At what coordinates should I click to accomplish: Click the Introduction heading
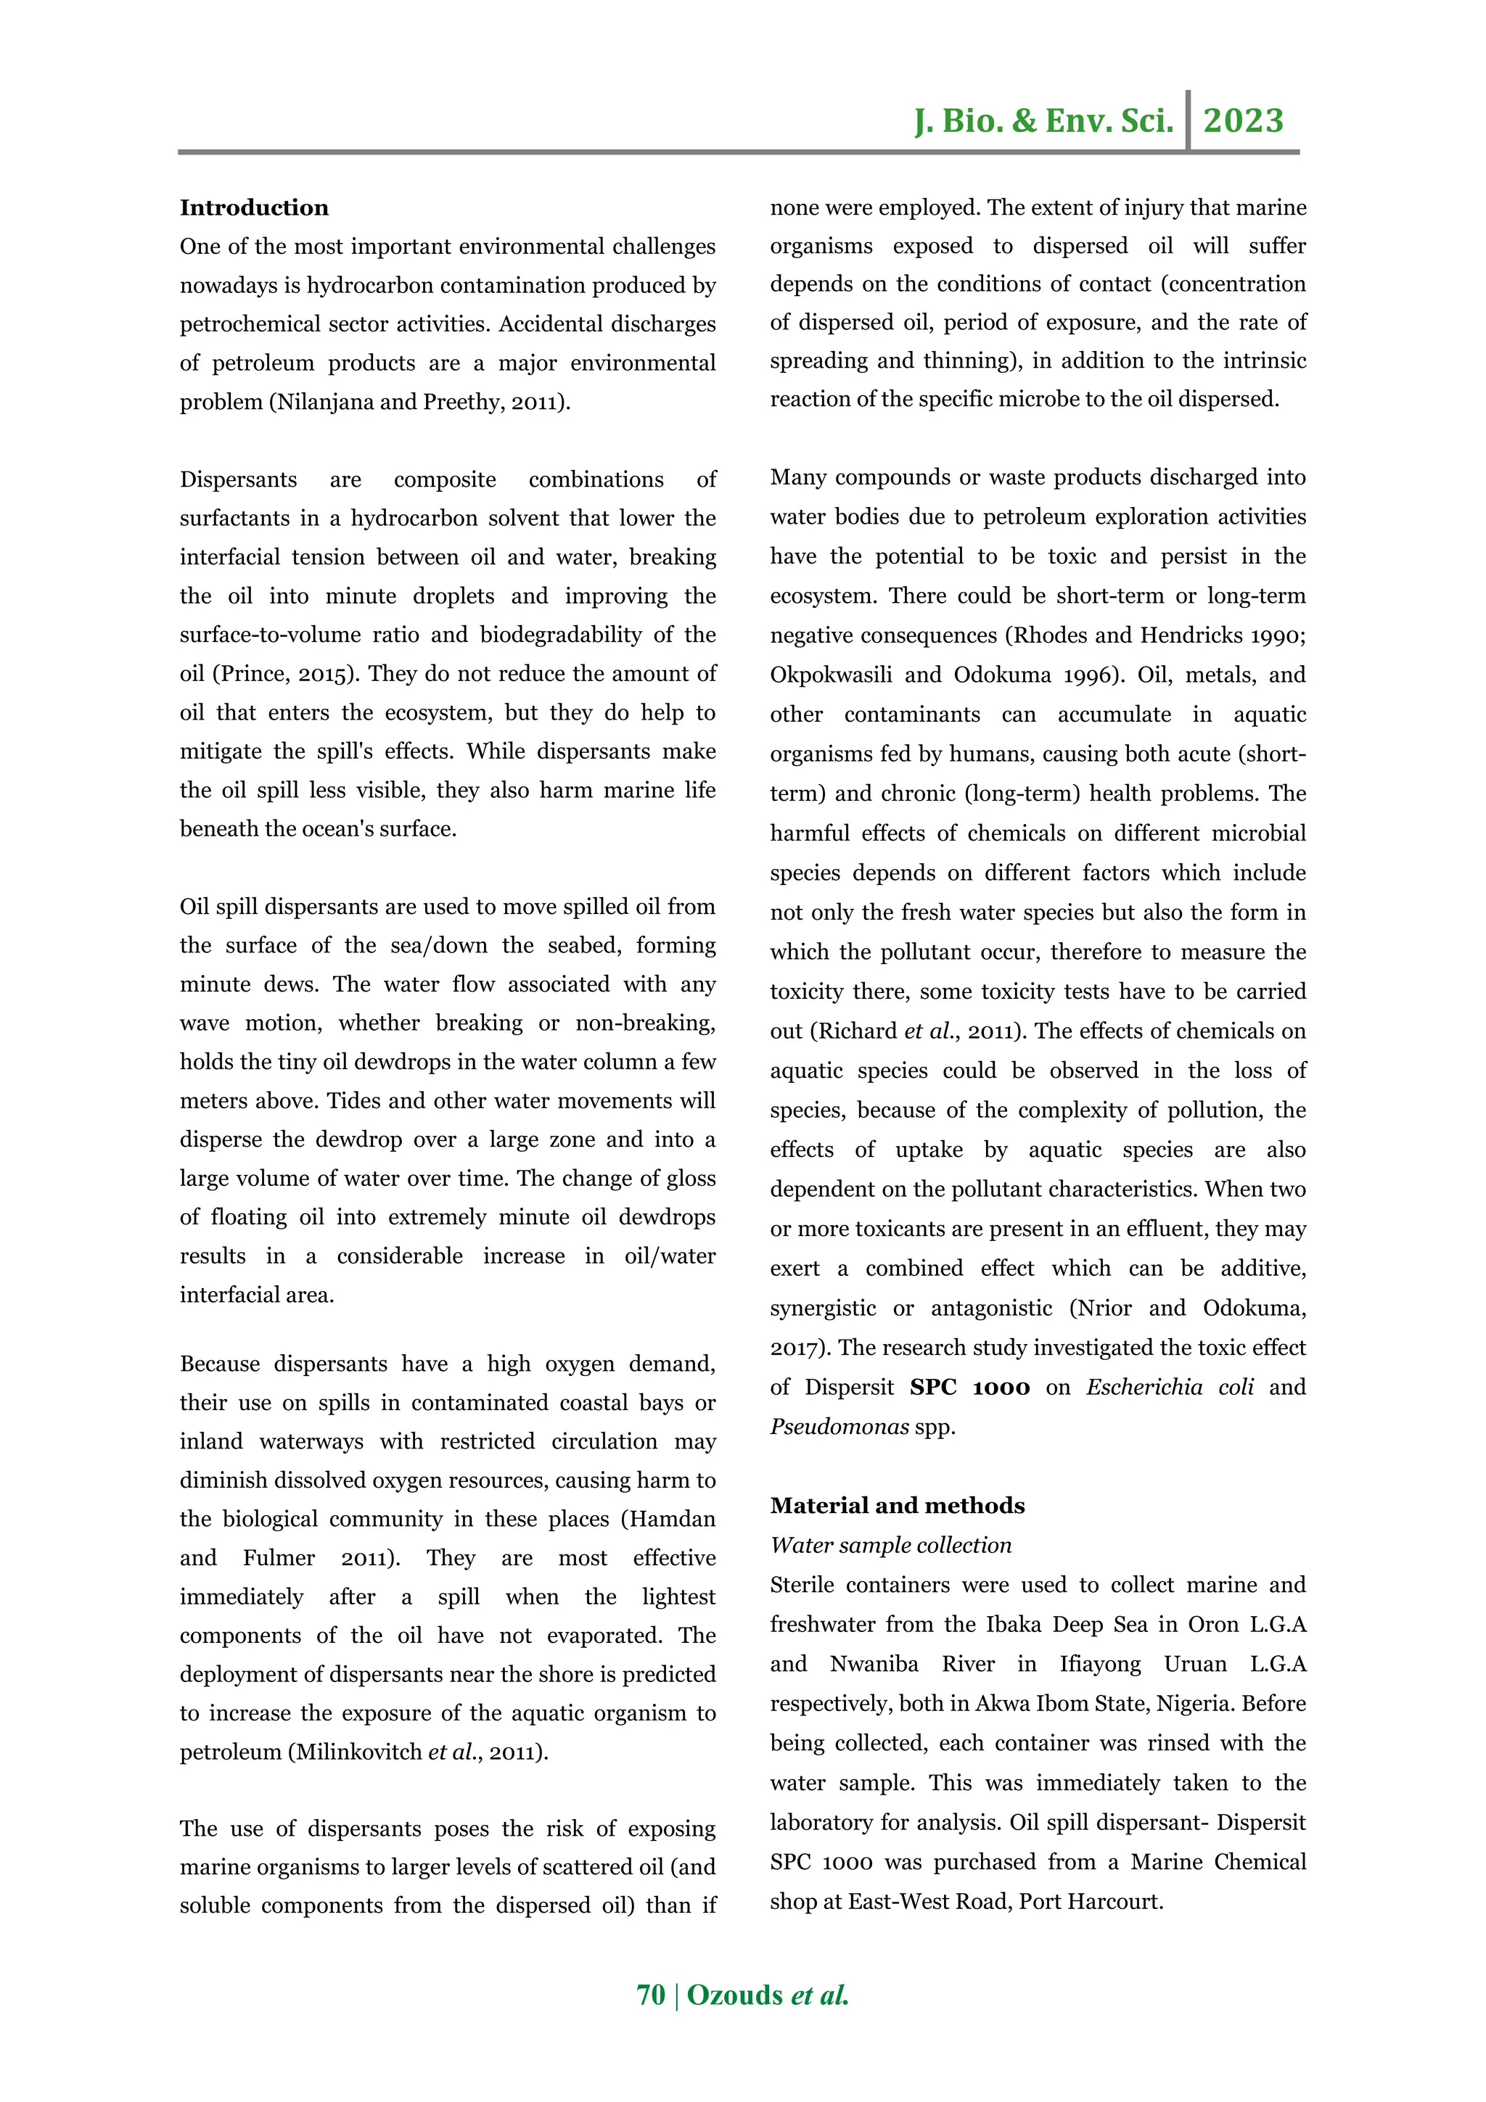254,208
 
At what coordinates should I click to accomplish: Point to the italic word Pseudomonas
839,1426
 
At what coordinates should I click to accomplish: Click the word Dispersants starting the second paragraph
238,479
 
